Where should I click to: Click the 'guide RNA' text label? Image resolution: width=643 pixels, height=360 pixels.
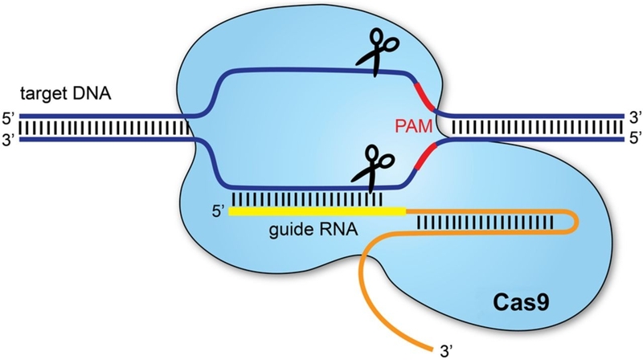(313, 228)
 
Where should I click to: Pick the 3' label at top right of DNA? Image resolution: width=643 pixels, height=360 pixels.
(633, 116)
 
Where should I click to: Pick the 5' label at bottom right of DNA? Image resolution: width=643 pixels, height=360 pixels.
(633, 139)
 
